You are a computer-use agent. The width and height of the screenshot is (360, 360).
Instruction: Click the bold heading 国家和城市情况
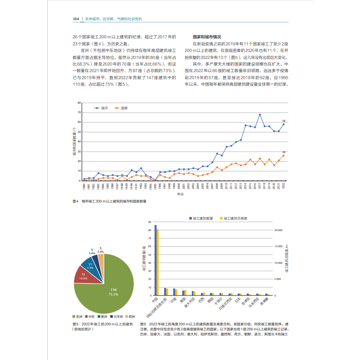207,37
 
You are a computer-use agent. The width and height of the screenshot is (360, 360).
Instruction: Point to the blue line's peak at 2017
260,115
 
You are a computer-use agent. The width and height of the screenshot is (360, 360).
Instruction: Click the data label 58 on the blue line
283,121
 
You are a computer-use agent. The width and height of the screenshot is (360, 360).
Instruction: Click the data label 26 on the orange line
283,152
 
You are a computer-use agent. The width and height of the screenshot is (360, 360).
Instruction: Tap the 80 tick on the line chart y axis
80,103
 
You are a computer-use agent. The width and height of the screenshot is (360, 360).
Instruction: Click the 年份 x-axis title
180,193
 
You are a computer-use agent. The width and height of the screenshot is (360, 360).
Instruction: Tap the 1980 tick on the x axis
84,187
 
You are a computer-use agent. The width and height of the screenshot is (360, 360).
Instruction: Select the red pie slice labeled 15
84,276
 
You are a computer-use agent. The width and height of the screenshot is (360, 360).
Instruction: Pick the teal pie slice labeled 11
90,265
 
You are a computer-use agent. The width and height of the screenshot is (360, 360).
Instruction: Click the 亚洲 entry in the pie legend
81,316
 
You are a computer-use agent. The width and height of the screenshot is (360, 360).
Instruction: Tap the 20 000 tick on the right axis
279,230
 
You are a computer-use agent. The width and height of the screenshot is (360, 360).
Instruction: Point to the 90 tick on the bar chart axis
151,222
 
